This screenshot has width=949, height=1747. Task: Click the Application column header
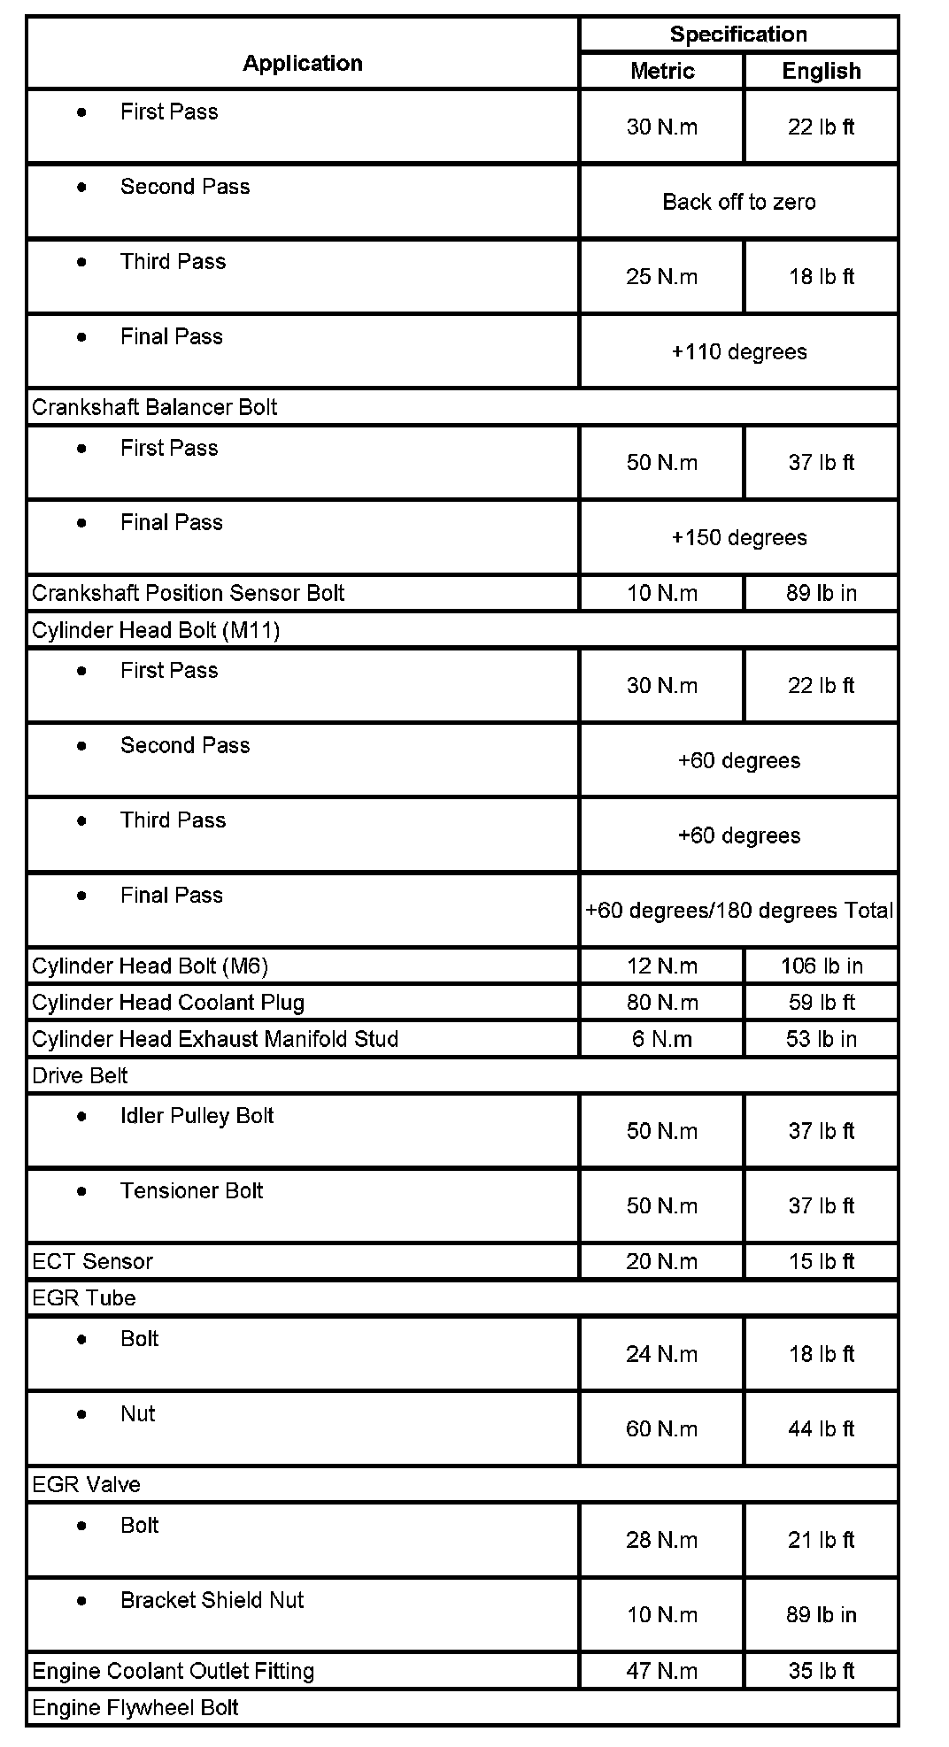tap(303, 63)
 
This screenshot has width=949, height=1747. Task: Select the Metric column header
tap(662, 71)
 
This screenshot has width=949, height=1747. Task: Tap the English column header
tap(822, 71)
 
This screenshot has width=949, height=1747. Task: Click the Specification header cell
tap(738, 35)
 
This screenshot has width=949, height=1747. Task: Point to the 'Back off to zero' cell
tap(738, 202)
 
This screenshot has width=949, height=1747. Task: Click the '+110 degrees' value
tap(738, 352)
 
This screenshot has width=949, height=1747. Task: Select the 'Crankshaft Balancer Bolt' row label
tap(155, 407)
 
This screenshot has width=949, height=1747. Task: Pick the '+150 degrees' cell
tap(738, 538)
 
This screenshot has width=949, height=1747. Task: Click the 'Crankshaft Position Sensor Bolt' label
tap(188, 593)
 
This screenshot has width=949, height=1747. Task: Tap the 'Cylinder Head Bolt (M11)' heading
tap(156, 630)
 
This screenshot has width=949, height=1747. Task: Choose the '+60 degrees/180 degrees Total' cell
tap(738, 911)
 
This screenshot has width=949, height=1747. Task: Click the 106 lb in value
tap(822, 966)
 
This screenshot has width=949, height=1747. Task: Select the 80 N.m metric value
tap(662, 1003)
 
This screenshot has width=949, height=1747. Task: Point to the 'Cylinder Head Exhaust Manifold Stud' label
tap(215, 1039)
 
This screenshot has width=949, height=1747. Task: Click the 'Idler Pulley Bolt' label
tap(197, 1116)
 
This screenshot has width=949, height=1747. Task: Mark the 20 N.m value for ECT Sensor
tap(662, 1261)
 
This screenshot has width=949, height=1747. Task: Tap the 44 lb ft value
tap(822, 1428)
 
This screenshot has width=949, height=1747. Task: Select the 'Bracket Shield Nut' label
tap(212, 1600)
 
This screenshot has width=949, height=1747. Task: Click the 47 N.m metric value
tap(662, 1671)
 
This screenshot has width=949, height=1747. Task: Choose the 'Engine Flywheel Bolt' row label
tap(135, 1707)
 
